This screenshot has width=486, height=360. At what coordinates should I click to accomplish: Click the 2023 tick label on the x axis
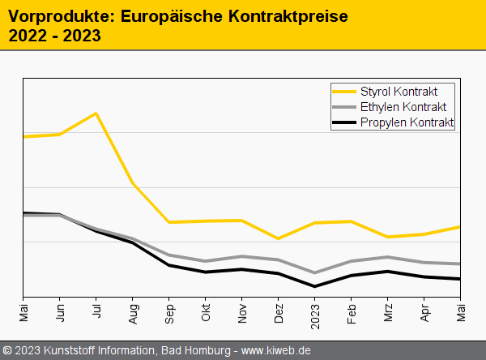point(315,313)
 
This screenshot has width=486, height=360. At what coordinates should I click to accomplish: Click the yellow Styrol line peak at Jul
point(96,113)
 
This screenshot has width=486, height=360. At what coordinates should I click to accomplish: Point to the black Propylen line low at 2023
point(315,286)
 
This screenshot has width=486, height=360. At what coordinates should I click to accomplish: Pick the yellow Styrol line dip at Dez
point(279,238)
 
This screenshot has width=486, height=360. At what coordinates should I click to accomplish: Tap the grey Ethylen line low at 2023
point(315,272)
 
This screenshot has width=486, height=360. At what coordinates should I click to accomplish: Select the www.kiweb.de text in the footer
point(276,350)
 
